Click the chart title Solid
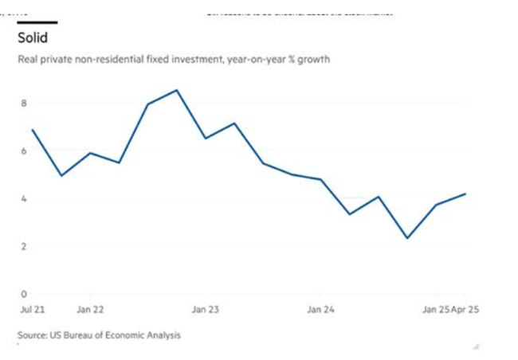(x=33, y=38)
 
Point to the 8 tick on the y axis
(x=24, y=103)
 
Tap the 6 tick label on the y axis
(x=24, y=151)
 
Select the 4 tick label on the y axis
(x=24, y=198)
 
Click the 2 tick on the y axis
(x=24, y=246)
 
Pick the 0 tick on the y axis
(x=24, y=294)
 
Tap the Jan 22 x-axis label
(x=89, y=309)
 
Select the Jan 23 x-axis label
(x=205, y=309)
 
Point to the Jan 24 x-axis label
(x=320, y=309)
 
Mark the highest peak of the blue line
(x=177, y=90)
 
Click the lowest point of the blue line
(x=407, y=238)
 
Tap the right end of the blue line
(x=465, y=194)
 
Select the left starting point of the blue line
(x=32, y=130)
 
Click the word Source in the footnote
(x=32, y=335)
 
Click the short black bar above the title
(x=37, y=22)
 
